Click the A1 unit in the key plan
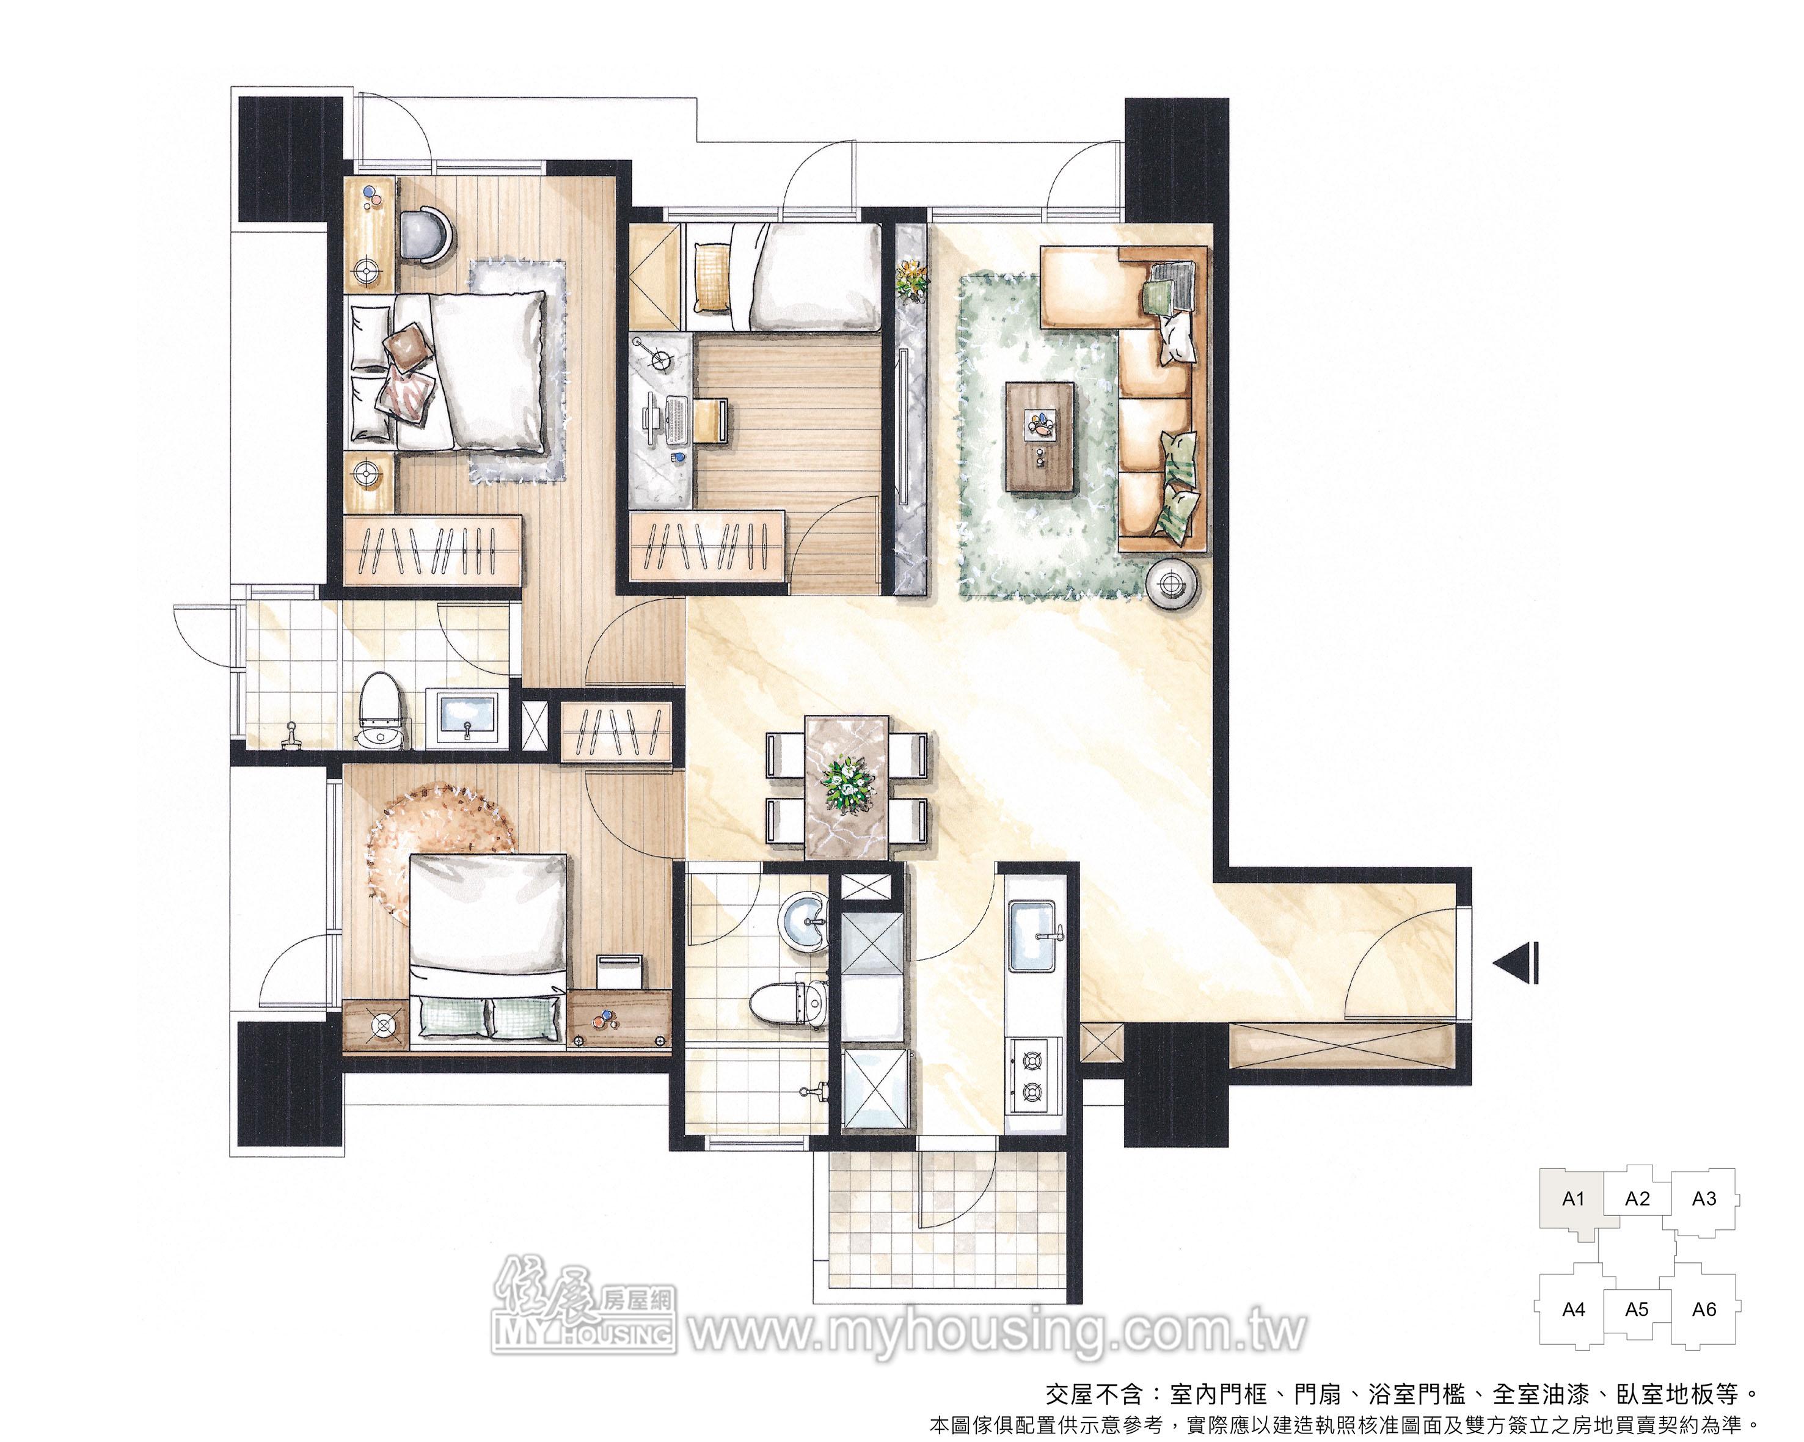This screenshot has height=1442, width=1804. pos(1571,1200)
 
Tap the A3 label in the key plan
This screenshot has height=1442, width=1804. pos(1704,1198)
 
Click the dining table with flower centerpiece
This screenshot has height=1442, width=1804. pos(847,787)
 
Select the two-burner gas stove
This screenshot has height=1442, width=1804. pos(1035,1075)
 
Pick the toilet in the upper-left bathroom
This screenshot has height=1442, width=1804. pos(382,712)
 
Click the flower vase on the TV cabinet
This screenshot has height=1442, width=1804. pos(912,277)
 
